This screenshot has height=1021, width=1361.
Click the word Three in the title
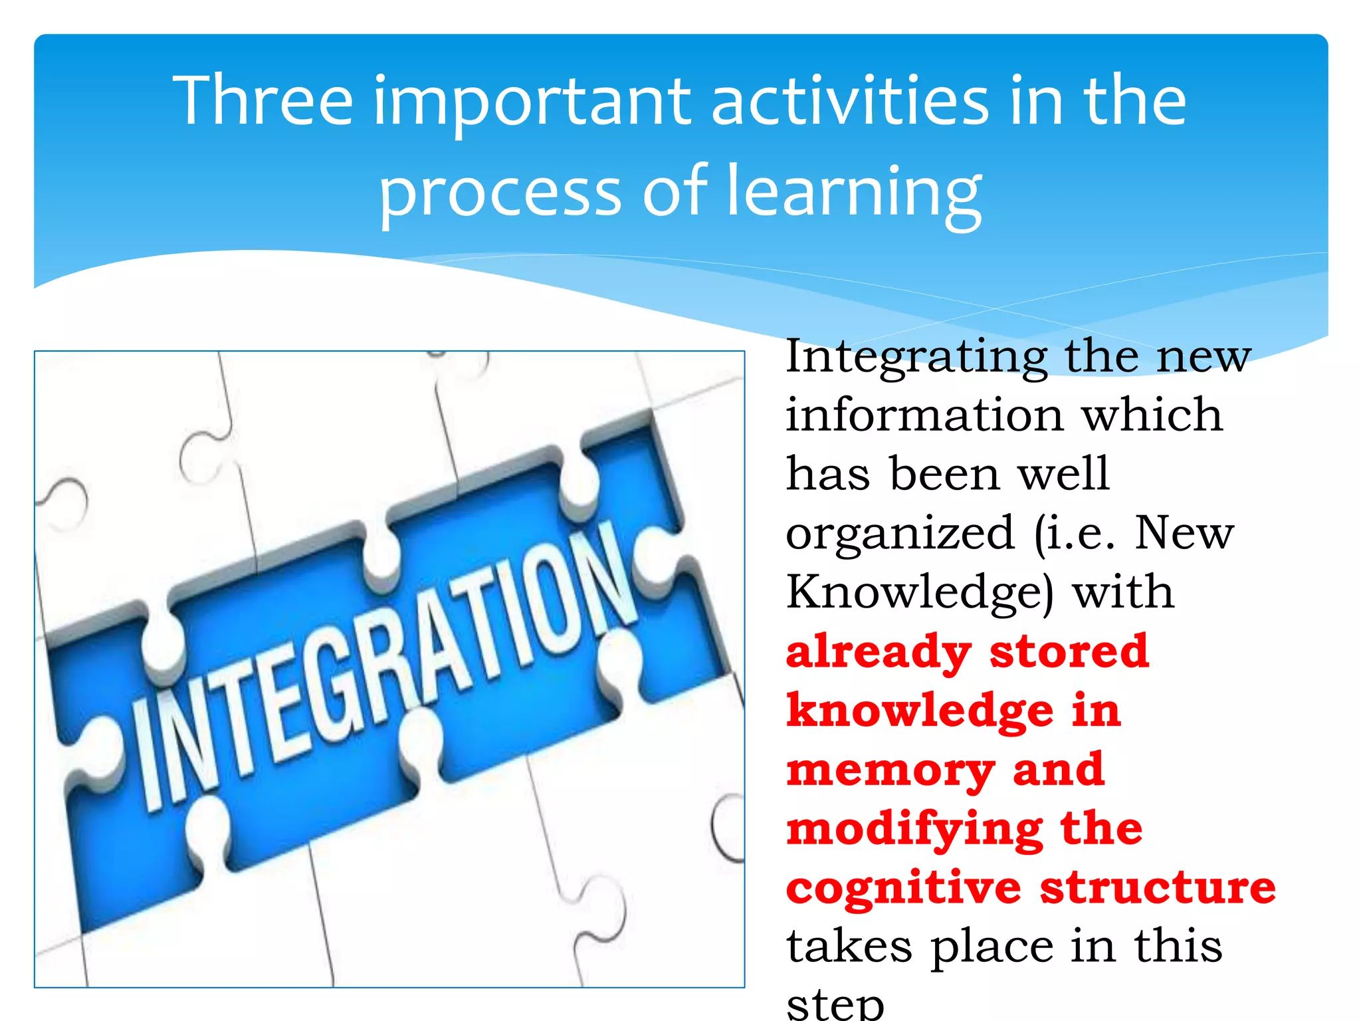pyautogui.click(x=262, y=101)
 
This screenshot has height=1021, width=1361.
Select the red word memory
pyautogui.click(x=890, y=771)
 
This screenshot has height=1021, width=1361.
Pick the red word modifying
pyautogui.click(x=914, y=830)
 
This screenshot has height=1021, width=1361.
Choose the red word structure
pyautogui.click(x=1158, y=888)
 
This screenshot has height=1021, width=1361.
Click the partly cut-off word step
pyautogui.click(x=835, y=1005)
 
